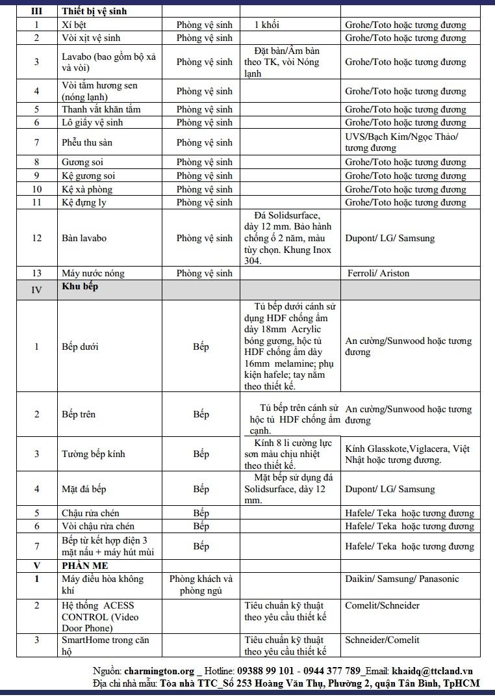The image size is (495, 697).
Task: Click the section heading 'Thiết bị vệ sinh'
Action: click(94, 11)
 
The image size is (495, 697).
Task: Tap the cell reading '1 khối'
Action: click(267, 25)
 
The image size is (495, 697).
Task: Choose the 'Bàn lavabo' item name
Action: click(84, 238)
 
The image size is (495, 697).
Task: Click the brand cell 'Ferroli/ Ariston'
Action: click(378, 273)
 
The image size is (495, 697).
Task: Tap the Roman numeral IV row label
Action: click(37, 290)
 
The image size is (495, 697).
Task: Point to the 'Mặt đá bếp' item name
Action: click(84, 489)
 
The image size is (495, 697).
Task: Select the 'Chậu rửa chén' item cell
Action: click(91, 513)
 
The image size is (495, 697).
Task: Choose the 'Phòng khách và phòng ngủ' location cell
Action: click(201, 585)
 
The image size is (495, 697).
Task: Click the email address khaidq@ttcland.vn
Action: click(432, 671)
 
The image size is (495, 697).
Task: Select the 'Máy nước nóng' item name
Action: click(93, 273)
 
